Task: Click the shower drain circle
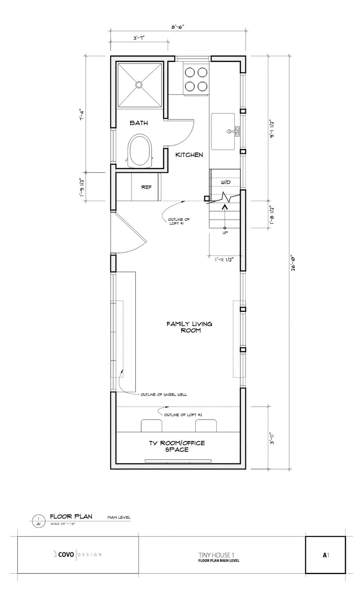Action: [139, 84]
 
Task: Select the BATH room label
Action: [139, 123]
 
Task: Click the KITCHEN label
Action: [189, 155]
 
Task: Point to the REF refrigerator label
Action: [146, 187]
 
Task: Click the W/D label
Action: [226, 182]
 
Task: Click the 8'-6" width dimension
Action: [178, 27]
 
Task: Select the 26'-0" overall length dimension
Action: [293, 263]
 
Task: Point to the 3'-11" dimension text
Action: [272, 438]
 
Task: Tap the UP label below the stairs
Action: [225, 233]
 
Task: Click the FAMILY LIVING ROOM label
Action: [189, 327]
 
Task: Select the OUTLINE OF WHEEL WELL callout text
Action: [164, 394]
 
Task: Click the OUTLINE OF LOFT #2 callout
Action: [183, 415]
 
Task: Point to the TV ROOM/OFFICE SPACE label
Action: [177, 446]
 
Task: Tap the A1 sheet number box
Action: [325, 555]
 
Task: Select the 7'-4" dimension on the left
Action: [83, 114]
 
